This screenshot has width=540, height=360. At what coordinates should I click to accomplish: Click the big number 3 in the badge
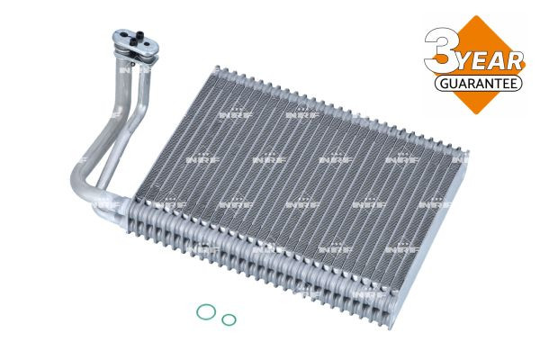click(441, 50)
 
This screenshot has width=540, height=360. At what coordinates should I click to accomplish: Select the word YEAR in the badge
click(490, 62)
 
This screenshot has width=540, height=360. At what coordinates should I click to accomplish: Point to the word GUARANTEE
click(479, 83)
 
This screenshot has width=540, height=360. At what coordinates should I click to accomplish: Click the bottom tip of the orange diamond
click(476, 114)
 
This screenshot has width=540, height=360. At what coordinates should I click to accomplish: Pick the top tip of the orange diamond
click(476, 15)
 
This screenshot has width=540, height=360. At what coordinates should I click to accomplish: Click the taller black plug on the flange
click(139, 35)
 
